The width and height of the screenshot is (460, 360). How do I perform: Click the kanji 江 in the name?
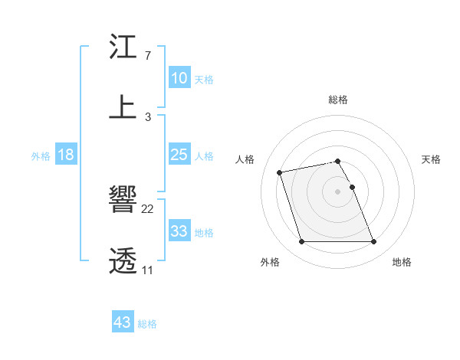coord(123,47)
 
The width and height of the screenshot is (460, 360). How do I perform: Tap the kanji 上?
coord(123,107)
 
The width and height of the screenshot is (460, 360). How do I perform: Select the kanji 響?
coord(123,201)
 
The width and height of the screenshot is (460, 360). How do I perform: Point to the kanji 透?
coord(123,260)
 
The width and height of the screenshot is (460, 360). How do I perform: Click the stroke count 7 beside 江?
coord(147,56)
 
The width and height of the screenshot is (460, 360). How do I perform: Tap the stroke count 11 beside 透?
coord(147,270)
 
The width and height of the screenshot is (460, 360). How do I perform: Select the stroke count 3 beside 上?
coord(147,116)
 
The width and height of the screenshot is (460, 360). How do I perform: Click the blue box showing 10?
coord(179,78)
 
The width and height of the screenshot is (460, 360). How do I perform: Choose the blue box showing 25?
coord(179,155)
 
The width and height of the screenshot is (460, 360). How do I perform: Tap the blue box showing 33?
coord(179,231)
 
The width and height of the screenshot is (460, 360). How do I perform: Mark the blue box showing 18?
coord(66,155)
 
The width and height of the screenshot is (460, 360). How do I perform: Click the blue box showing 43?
coord(123,322)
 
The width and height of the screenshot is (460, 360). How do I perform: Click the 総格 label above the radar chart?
coord(338,100)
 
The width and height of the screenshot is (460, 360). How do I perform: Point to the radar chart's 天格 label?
coord(431,159)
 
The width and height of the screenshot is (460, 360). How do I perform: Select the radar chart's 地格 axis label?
coord(402,262)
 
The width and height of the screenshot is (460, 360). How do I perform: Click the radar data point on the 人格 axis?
coord(280,172)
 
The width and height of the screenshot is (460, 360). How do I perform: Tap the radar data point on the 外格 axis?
coord(301,242)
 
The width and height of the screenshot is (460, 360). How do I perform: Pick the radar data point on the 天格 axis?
coord(353,187)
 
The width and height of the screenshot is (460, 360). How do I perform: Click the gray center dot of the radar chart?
coord(338,191)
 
